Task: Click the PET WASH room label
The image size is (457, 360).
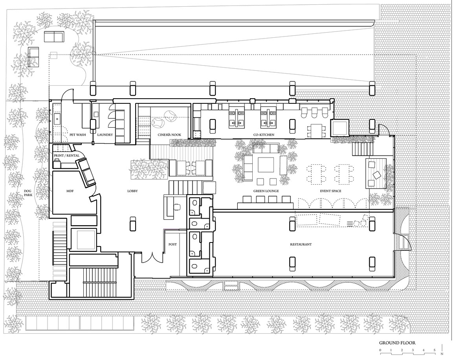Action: click(77, 135)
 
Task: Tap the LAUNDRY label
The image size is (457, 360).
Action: click(105, 135)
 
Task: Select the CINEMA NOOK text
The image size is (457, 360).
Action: click(169, 135)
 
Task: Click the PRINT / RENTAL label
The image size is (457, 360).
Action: click(66, 156)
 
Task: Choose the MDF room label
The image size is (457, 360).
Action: click(70, 191)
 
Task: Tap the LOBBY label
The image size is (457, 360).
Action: click(132, 191)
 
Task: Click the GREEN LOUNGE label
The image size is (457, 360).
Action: click(266, 191)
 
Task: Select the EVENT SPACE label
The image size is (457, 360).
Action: click(330, 191)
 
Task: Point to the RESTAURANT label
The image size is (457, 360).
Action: click(301, 244)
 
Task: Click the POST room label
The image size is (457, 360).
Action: click(173, 244)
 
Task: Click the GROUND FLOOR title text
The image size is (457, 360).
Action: click(397, 343)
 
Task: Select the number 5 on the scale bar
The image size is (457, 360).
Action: click(435, 350)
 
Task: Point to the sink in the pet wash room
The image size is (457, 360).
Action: click(57, 119)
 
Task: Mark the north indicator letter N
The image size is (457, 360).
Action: click(442, 354)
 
